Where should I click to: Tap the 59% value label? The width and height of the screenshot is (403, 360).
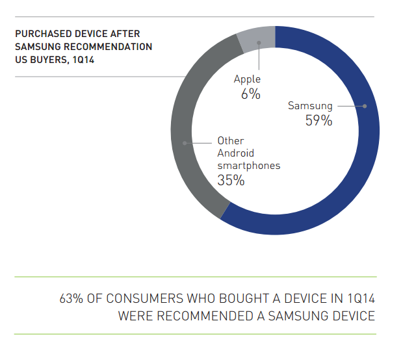pos(318,121)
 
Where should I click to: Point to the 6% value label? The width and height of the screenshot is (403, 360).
pos(250,94)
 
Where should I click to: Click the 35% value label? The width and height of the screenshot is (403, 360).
pos(231,181)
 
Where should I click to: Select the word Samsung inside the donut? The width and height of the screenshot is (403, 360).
pos(311,106)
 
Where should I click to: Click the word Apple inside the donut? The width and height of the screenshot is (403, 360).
pos(247,79)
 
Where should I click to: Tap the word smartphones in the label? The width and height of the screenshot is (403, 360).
pos(248,166)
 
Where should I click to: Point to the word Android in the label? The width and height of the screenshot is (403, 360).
pos(236,153)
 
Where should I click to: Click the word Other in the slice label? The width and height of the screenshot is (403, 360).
pos(230,140)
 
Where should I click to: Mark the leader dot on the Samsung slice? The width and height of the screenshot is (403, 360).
pos(365,106)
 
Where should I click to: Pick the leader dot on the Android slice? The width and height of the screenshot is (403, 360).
pos(185,142)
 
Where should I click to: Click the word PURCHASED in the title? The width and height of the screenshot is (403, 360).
pos(42,34)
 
